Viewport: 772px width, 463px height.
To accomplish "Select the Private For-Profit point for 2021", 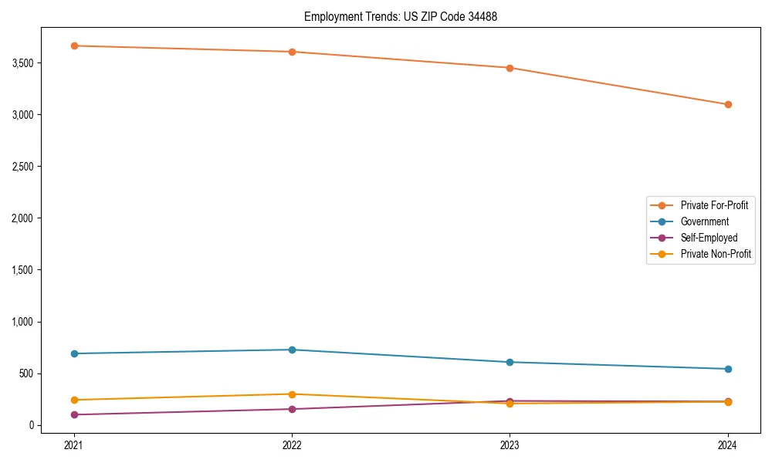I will tap(74, 46).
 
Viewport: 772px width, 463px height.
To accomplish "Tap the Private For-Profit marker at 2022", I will tap(292, 52).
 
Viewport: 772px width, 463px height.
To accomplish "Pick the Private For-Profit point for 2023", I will tap(510, 68).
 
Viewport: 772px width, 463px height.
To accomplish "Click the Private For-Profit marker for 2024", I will tap(728, 104).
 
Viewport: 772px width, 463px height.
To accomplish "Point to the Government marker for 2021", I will tap(74, 353).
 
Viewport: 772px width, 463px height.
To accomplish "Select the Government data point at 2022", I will tap(292, 350).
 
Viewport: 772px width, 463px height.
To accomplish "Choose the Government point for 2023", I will tap(510, 362).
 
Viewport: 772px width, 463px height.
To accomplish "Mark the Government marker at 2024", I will tap(728, 369).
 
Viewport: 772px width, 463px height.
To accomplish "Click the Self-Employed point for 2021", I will tap(74, 414).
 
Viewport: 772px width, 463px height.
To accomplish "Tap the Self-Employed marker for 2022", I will tap(292, 409).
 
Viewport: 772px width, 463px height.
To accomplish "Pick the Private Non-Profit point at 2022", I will tap(292, 394).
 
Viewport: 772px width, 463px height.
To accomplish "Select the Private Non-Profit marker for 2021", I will tap(74, 400).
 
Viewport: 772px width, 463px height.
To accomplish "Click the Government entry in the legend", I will tap(704, 221).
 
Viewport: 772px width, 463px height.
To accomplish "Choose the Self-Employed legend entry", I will tap(709, 238).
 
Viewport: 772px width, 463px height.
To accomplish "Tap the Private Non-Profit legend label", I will tap(716, 254).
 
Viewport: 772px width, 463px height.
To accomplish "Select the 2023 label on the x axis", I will tap(510, 445).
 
